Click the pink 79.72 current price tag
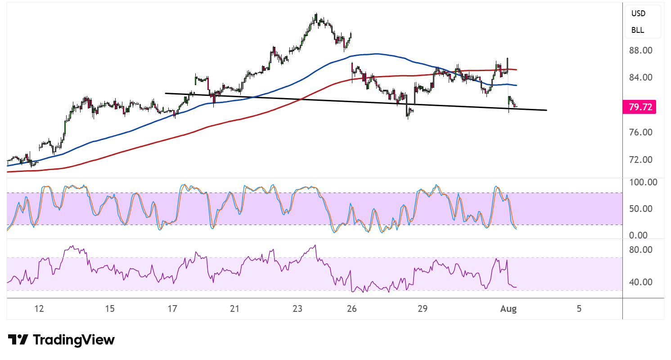pyautogui.click(x=639, y=107)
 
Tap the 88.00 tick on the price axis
pyautogui.click(x=641, y=50)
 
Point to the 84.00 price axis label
pyautogui.click(x=641, y=77)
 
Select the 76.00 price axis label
pyautogui.click(x=641, y=132)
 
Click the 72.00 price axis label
pyautogui.click(x=641, y=160)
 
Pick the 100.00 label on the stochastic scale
pyautogui.click(x=643, y=182)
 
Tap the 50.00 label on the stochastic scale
pyautogui.click(x=641, y=209)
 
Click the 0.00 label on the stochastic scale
pyautogui.click(x=638, y=235)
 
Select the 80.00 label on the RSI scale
pyautogui.click(x=641, y=250)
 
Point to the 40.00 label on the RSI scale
pyautogui.click(x=641, y=282)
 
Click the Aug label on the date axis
pyautogui.click(x=509, y=309)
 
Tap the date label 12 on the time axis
pyautogui.click(x=39, y=309)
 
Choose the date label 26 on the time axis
pyautogui.click(x=351, y=309)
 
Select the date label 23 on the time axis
pyautogui.click(x=297, y=309)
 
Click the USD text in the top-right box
pyautogui.click(x=638, y=13)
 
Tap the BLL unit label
pyautogui.click(x=638, y=30)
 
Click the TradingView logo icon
pyautogui.click(x=18, y=340)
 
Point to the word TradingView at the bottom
pyautogui.click(x=74, y=340)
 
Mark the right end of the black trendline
pyautogui.click(x=547, y=110)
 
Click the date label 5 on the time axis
pyautogui.click(x=579, y=309)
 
